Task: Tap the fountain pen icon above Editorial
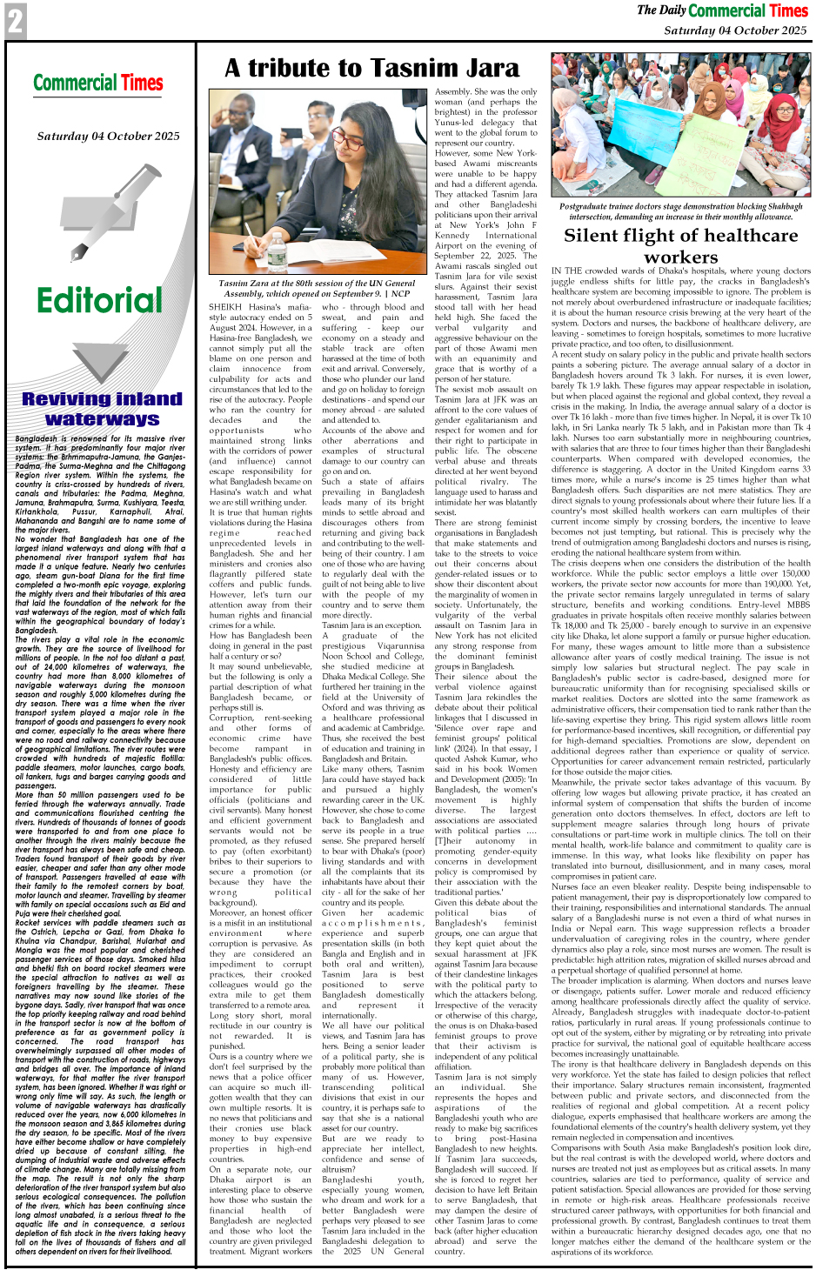tap(99, 217)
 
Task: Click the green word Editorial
tap(99, 300)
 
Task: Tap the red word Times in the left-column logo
tap(142, 84)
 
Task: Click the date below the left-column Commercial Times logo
tap(108, 136)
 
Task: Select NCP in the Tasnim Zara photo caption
tap(400, 293)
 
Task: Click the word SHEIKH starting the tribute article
tap(226, 307)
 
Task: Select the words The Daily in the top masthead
tap(661, 10)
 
